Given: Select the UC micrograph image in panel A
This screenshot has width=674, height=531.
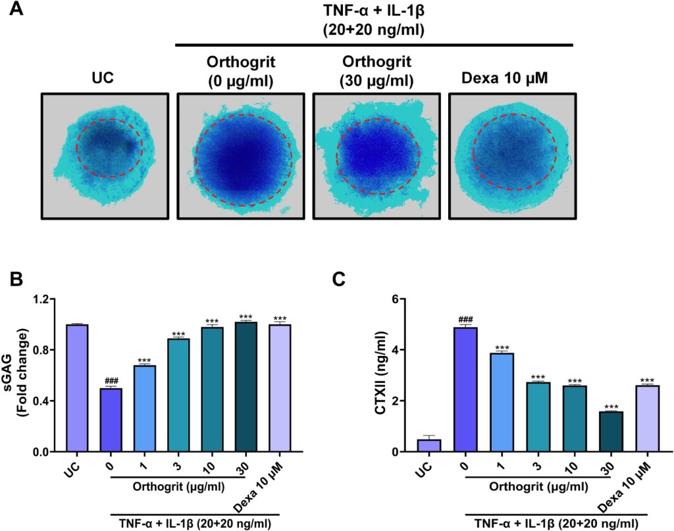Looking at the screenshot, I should tap(105, 155).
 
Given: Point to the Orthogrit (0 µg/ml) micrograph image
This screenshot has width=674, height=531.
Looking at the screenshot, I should tap(240, 155).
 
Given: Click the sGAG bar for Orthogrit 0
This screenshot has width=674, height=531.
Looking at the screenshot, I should tap(111, 420).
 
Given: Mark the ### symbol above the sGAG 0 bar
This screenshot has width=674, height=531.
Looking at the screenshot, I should tap(111, 382).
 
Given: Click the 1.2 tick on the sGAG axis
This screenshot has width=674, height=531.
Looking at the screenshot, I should tap(40, 300).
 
